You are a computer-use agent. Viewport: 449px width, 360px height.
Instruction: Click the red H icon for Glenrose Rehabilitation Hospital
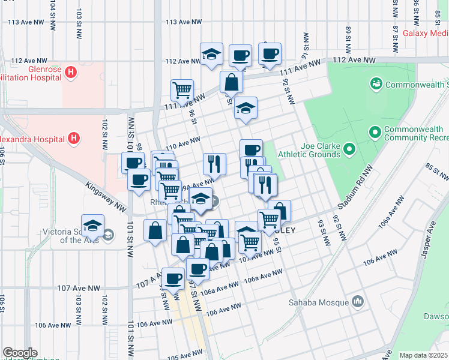[71, 73]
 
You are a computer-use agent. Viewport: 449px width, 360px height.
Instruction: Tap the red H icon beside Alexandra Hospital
[74, 139]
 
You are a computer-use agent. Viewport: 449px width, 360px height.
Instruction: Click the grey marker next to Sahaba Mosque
[358, 301]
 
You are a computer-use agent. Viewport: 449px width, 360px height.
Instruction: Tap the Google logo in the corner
[20, 353]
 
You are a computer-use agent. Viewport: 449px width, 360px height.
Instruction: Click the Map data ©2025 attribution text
[424, 355]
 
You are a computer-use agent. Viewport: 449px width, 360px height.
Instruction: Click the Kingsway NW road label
[106, 197]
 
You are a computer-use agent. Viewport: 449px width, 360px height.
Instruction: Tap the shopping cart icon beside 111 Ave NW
[182, 90]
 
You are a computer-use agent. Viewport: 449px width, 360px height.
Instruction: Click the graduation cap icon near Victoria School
[92, 225]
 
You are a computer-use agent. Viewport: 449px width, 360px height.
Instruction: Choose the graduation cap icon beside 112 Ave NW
[211, 54]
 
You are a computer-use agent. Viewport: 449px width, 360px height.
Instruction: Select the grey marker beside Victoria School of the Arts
[107, 234]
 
